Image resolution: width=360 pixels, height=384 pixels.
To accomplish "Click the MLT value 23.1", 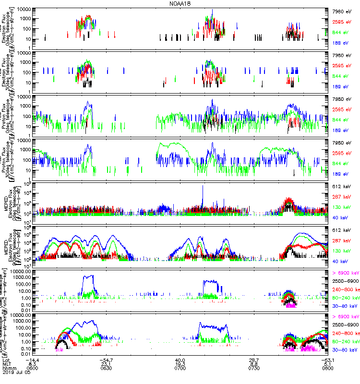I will pyautogui.click(x=106, y=364).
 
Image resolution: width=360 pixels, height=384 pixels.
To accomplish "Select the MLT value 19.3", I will pyautogui.click(x=180, y=364).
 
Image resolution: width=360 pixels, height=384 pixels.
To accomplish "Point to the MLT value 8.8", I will pyautogui.click(x=254, y=364).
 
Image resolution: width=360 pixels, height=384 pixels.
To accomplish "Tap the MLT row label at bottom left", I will pyautogui.click(x=7, y=364).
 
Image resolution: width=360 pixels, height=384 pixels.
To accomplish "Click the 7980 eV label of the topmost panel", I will pyautogui.click(x=342, y=11).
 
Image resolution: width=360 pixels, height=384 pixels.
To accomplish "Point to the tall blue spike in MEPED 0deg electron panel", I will pyautogui.click(x=203, y=188).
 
